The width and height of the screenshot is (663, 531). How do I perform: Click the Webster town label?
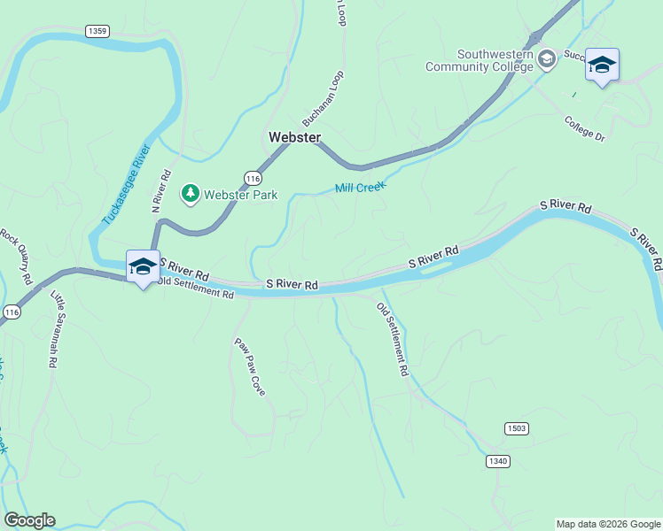pos(294,137)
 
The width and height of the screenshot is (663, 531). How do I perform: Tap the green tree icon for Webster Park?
pos(191,193)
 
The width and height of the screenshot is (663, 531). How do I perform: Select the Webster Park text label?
pos(241,195)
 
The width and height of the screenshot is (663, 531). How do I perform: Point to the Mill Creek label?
pos(361,188)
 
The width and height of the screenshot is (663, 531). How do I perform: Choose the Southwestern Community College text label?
pos(480,60)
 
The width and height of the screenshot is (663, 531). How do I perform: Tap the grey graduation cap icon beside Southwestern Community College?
pos(547,58)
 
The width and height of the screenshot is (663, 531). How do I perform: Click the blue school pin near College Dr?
pos(602,65)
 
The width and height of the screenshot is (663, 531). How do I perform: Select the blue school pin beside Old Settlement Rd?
pos(143,267)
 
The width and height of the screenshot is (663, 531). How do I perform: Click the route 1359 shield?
pos(97,31)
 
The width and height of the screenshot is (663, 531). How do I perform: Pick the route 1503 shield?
pos(517,428)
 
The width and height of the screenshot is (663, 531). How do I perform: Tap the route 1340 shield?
pos(498,461)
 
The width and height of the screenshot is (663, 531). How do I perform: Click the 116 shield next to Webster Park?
pos(254,177)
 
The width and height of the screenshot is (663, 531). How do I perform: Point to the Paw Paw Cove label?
pos(250,366)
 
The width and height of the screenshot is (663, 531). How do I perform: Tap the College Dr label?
pos(583,128)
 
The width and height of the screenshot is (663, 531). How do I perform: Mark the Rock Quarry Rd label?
pos(17,257)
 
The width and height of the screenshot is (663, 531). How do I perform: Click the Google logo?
pos(29,520)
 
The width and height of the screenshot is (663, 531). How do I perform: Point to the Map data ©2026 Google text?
pos(608,524)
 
